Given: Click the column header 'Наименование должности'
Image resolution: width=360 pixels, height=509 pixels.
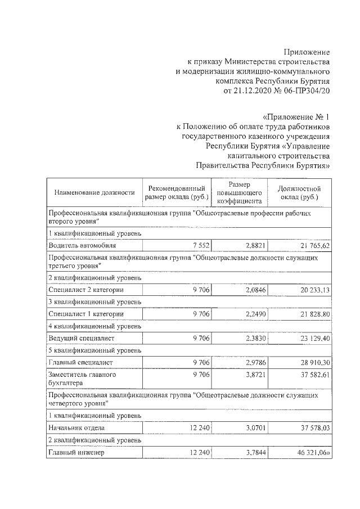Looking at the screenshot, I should click(94, 192).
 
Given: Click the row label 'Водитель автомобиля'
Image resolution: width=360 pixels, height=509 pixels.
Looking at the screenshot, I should click(83, 245).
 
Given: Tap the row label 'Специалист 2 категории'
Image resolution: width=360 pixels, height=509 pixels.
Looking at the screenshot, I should click(86, 289).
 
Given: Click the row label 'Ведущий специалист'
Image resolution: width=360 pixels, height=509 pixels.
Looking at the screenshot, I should click(82, 338).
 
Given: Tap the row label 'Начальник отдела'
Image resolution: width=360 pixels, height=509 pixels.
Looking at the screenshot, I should click(77, 428).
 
